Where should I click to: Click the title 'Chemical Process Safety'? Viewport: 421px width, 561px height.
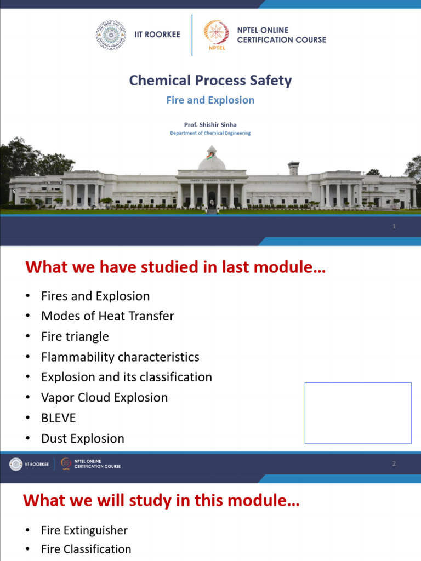[210, 81]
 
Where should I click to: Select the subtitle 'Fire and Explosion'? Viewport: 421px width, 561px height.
[210, 100]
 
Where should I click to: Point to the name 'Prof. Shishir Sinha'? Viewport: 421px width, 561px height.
[210, 124]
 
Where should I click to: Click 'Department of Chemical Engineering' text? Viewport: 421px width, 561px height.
[210, 133]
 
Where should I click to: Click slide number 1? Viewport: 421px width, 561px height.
[394, 227]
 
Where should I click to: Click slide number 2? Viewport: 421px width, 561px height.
[394, 464]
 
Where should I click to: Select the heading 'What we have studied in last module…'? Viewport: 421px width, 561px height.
[175, 267]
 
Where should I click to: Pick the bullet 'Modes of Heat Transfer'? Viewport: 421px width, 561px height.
[107, 316]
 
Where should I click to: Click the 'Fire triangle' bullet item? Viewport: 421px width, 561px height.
[75, 336]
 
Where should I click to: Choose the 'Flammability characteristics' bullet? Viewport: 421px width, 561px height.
[120, 357]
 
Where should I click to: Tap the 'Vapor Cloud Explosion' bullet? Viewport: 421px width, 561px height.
[104, 398]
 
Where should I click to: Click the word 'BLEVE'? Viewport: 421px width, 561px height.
[59, 418]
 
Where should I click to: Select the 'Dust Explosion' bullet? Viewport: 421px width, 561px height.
[83, 438]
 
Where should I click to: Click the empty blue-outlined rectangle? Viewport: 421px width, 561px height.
[358, 413]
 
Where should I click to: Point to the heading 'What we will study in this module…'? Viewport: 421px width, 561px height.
[161, 501]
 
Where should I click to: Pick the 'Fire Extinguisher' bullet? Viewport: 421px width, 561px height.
[84, 530]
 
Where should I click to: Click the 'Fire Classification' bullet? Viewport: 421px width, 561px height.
[86, 549]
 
